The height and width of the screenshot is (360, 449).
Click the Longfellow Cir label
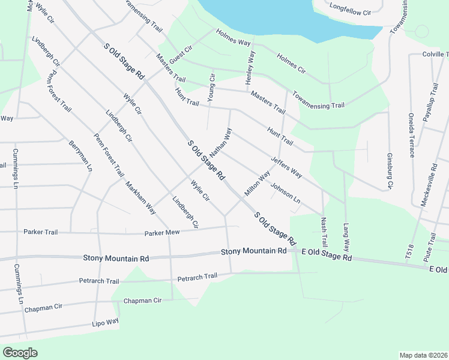tap(351, 9)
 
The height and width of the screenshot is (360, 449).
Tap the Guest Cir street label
tap(180, 57)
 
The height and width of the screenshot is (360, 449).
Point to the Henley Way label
tap(251, 67)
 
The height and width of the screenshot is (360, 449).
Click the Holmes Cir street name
tap(291, 66)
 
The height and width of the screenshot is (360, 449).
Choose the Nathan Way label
tap(220, 142)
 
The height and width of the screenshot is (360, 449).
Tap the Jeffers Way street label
tap(286, 167)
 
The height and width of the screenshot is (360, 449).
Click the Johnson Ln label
tap(285, 193)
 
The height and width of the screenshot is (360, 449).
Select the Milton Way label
tap(257, 185)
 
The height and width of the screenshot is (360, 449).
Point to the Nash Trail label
tap(324, 233)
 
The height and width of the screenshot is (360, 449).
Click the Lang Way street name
tap(346, 238)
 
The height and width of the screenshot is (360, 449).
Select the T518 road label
tap(409, 252)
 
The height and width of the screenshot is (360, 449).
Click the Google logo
tap(20, 353)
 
